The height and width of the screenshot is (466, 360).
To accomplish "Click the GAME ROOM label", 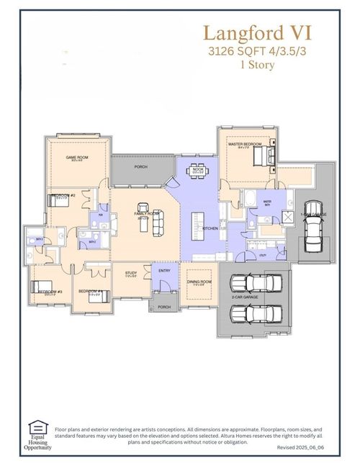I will pyautogui.click(x=77, y=158).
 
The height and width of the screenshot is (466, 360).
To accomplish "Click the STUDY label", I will pyautogui.click(x=131, y=273).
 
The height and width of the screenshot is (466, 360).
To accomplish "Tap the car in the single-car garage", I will pyautogui.click(x=313, y=232).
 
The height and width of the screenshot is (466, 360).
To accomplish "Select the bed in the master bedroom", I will pyautogui.click(x=261, y=153).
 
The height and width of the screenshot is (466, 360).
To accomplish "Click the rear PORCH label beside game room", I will pyautogui.click(x=141, y=166).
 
